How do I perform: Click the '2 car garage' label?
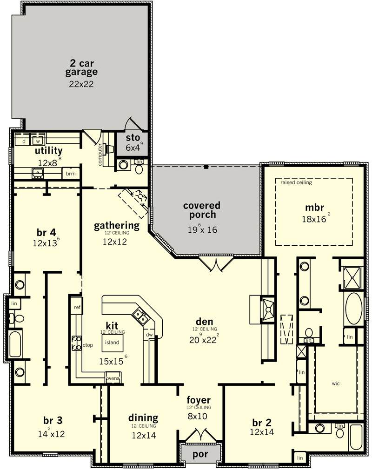(81, 67)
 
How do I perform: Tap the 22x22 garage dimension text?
(81, 84)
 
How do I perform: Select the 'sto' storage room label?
(133, 138)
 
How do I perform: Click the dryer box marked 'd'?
(24, 141)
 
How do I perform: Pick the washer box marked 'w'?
(38, 141)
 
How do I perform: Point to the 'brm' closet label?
(71, 174)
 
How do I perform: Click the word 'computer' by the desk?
(100, 155)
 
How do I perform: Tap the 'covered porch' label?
(202, 210)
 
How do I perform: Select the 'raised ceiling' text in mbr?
(296, 182)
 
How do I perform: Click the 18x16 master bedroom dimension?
(314, 219)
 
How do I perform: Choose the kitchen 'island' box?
(112, 343)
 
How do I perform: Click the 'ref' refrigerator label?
(77, 307)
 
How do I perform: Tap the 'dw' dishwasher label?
(149, 335)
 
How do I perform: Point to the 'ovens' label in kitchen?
(113, 378)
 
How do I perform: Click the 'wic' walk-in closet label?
(336, 384)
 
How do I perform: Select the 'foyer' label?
(199, 400)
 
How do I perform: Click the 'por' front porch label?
(200, 455)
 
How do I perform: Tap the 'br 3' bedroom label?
(53, 421)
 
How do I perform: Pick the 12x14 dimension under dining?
(144, 435)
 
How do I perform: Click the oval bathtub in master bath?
(354, 309)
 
